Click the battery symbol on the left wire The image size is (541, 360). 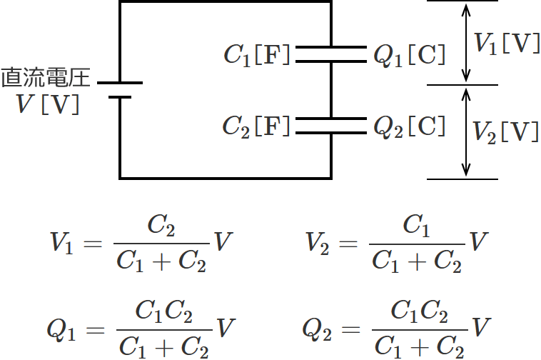click(x=120, y=89)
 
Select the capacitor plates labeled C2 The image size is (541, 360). click(x=330, y=126)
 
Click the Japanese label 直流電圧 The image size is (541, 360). click(x=45, y=77)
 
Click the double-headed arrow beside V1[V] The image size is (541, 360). click(x=466, y=43)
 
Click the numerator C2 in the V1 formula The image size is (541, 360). click(x=161, y=226)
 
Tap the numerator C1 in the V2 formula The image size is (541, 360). click(x=417, y=226)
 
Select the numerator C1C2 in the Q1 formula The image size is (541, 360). click(x=163, y=312)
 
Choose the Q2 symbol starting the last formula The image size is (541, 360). click(x=315, y=329)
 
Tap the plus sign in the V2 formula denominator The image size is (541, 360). click(x=418, y=262)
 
